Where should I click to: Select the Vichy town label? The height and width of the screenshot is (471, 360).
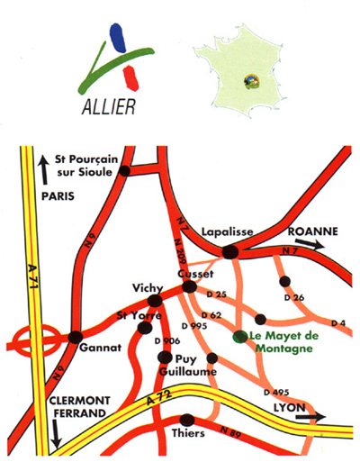[x=148, y=284]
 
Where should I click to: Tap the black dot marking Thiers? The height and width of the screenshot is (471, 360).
[x=188, y=420]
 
